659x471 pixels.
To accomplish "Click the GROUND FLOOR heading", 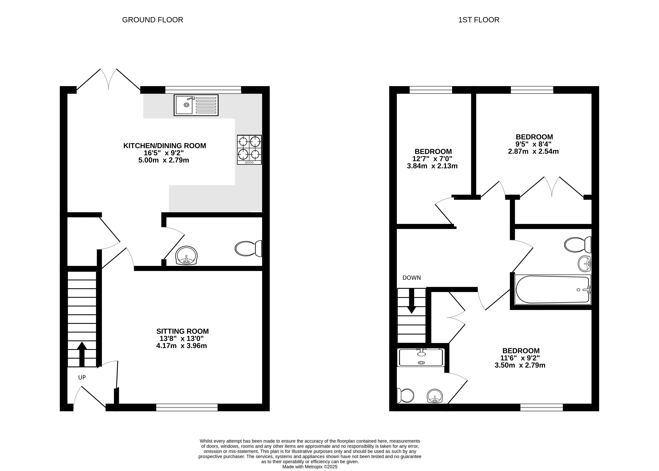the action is tap(152, 20).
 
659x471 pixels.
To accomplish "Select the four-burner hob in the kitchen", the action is tap(249, 150).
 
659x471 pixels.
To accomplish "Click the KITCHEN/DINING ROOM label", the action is tap(165, 146).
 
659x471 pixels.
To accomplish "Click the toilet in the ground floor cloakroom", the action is tap(248, 248).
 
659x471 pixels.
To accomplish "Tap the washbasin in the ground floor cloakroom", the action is tap(187, 256).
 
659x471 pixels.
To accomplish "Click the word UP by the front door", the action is tap(82, 377).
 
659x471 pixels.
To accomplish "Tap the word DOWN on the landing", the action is tap(412, 278).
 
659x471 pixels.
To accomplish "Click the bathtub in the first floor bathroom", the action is tap(552, 289).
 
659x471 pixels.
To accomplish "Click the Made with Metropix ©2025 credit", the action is tap(310, 467).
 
